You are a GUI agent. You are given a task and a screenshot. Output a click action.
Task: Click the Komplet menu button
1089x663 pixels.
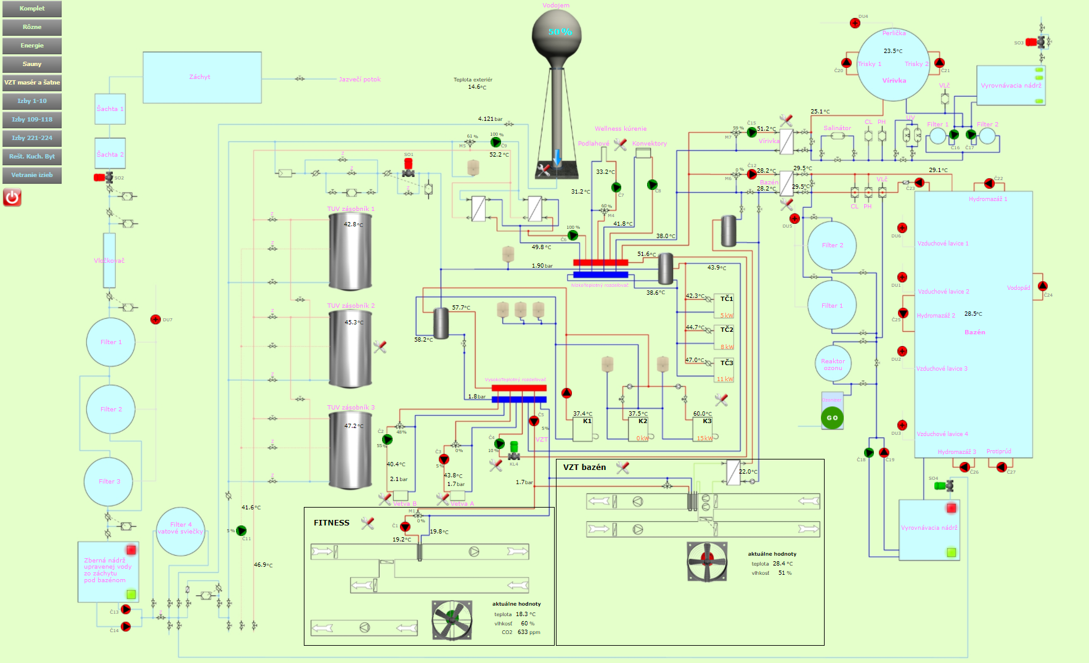(32, 9)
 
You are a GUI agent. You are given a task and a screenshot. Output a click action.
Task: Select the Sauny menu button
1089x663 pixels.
(32, 64)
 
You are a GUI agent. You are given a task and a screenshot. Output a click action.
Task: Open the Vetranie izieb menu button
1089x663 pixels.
(32, 175)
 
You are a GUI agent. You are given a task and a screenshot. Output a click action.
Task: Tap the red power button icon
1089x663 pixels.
(12, 197)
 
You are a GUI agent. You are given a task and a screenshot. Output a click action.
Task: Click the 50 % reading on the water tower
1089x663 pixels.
(560, 31)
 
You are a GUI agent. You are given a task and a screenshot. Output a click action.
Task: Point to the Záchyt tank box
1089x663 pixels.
(202, 77)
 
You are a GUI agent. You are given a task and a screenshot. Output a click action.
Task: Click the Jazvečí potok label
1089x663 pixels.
(360, 80)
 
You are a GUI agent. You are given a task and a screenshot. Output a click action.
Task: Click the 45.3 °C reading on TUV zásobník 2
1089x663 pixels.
(354, 323)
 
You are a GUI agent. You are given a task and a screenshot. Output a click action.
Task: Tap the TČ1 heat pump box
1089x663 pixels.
(724, 306)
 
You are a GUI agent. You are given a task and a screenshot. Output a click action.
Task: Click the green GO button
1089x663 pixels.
(832, 418)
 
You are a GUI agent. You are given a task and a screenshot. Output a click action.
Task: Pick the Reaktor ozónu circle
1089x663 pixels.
(833, 364)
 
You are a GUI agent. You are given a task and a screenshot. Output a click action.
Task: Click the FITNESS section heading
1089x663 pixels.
(332, 523)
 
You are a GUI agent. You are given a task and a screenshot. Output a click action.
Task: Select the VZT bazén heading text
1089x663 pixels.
(584, 467)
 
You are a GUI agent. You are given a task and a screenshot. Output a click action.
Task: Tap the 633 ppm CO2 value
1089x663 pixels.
(529, 632)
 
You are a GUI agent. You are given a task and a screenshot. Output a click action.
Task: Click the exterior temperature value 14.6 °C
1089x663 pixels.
(477, 87)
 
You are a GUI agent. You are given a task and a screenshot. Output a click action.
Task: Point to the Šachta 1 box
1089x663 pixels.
(110, 109)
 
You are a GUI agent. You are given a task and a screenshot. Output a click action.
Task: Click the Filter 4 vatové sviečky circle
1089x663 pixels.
(181, 530)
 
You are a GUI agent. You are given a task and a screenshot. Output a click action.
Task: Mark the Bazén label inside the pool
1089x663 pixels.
(974, 332)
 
